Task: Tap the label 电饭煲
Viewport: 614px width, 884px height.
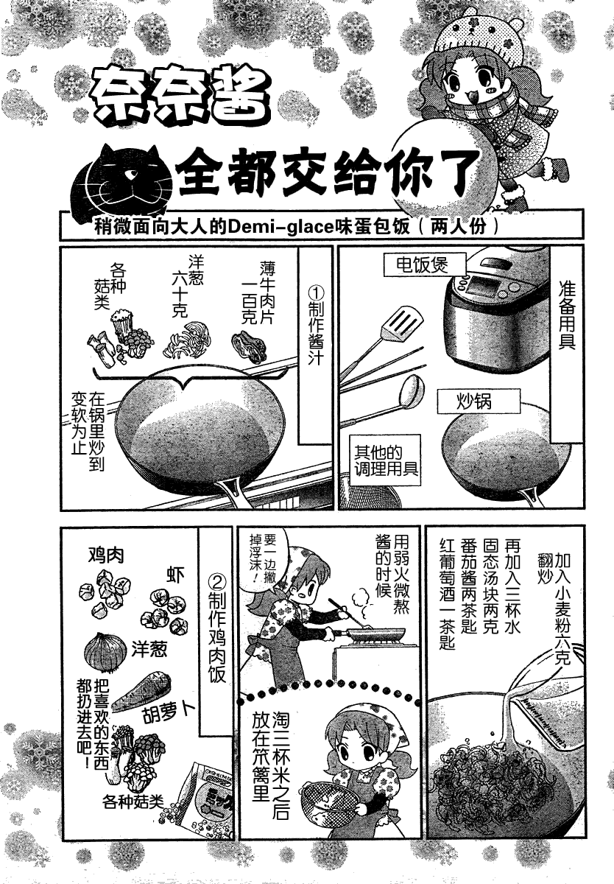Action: (x=423, y=264)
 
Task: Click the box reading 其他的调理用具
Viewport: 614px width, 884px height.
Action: (x=386, y=460)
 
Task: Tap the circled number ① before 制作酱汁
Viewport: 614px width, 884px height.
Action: (x=316, y=292)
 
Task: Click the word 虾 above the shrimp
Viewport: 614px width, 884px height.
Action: (x=176, y=575)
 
